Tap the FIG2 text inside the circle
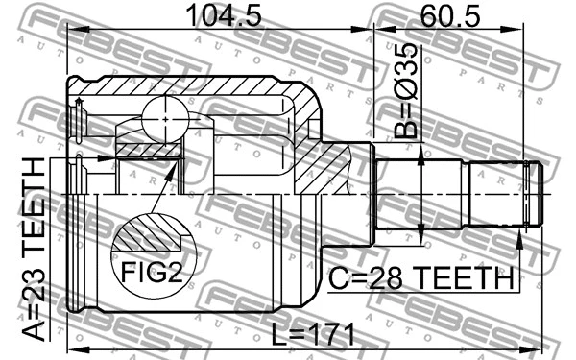click(151, 272)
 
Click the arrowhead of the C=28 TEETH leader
click(519, 235)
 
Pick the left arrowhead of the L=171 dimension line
click(71, 347)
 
